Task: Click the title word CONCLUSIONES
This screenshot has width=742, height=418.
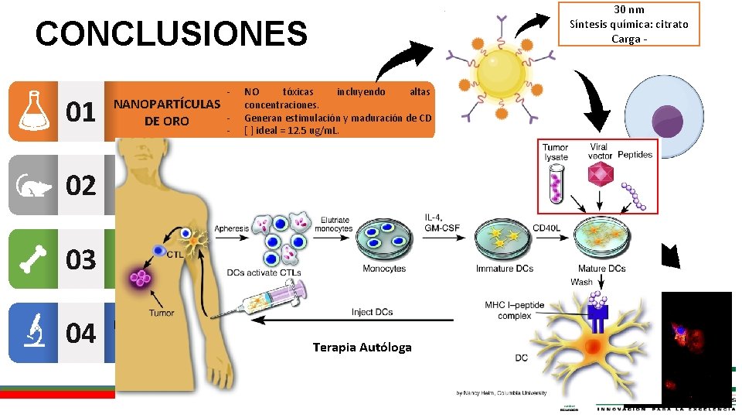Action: point(171,34)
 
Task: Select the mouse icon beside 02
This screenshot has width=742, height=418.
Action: point(32,186)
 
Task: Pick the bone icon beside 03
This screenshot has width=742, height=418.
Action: point(32,259)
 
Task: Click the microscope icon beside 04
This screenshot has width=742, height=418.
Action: point(32,333)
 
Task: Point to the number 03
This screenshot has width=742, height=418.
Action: point(80,259)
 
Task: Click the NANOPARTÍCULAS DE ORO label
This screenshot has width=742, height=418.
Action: point(167,111)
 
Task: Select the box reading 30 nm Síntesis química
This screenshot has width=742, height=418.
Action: point(628,24)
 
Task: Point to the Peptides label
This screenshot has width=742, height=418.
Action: point(635,155)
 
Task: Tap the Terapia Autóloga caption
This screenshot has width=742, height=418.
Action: point(362,347)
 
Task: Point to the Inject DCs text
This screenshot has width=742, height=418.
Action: point(372,312)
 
